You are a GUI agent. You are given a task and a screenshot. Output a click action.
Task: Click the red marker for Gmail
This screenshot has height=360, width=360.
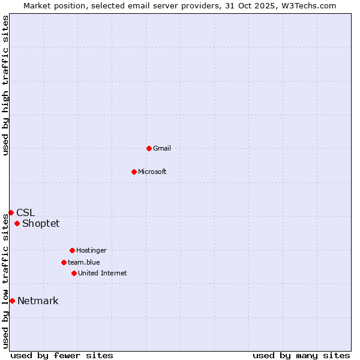(x=149, y=148)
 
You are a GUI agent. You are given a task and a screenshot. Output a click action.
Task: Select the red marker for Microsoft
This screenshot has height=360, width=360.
(x=134, y=172)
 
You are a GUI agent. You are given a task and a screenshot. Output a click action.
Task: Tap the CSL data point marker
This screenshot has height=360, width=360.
(x=11, y=212)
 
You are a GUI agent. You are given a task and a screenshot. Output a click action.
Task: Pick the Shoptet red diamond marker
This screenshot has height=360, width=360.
(x=17, y=224)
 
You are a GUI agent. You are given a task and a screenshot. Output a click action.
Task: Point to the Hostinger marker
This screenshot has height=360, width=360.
(x=72, y=250)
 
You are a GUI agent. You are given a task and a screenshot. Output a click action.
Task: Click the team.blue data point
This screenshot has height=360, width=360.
(x=64, y=262)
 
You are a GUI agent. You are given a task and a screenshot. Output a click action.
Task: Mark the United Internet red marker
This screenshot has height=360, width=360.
(x=74, y=273)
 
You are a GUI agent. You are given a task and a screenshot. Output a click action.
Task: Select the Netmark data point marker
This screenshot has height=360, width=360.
(x=12, y=301)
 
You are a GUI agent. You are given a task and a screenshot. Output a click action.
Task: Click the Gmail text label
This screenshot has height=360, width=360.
(x=162, y=148)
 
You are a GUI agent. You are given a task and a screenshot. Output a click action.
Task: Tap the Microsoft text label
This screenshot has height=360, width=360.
(x=152, y=172)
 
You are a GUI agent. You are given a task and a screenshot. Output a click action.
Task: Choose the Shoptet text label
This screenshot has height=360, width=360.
(x=41, y=224)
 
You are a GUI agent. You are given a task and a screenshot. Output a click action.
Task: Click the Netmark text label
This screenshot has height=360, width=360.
(x=38, y=301)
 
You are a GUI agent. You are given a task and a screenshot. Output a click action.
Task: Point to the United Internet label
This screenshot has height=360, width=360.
(x=103, y=273)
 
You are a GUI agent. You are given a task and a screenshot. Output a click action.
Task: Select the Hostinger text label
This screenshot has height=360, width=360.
(x=91, y=250)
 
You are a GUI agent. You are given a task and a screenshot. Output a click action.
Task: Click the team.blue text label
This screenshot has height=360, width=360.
(x=84, y=262)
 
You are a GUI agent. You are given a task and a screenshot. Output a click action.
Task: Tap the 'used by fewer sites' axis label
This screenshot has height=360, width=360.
(x=62, y=355)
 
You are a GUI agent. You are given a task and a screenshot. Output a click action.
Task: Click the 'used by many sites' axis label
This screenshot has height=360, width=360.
(x=301, y=355)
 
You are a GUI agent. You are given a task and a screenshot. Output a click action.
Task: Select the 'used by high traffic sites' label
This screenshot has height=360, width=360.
(x=5, y=85)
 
